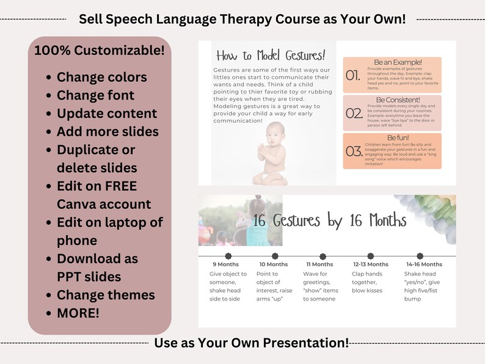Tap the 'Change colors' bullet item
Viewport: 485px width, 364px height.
click(x=101, y=78)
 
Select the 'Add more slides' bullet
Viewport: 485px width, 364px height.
click(x=108, y=131)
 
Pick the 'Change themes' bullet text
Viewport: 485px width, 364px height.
click(x=106, y=295)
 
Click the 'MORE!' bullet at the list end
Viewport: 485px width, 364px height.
click(x=78, y=313)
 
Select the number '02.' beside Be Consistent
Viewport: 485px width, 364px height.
click(x=354, y=113)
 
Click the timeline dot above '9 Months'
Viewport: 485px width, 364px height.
click(x=228, y=256)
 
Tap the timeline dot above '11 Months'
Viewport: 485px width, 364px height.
click(x=323, y=256)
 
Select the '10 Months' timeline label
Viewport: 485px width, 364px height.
click(x=272, y=264)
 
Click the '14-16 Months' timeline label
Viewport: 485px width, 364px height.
click(x=424, y=264)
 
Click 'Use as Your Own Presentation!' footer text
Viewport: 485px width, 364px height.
click(x=251, y=343)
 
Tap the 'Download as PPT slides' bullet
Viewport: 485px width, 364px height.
click(x=98, y=268)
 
